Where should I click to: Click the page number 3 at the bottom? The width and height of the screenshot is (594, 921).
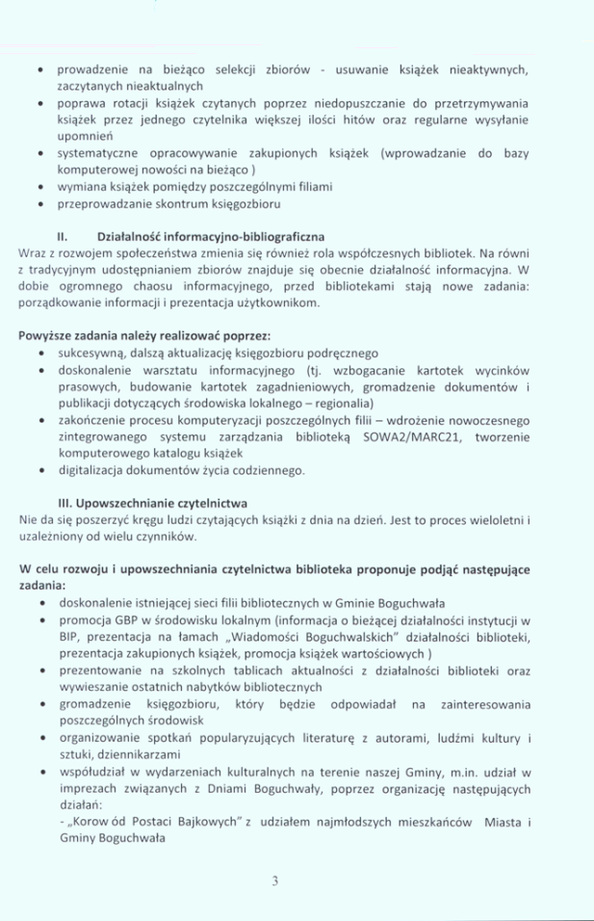pos(275,881)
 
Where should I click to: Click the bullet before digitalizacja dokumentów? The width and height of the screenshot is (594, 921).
pos(37,470)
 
